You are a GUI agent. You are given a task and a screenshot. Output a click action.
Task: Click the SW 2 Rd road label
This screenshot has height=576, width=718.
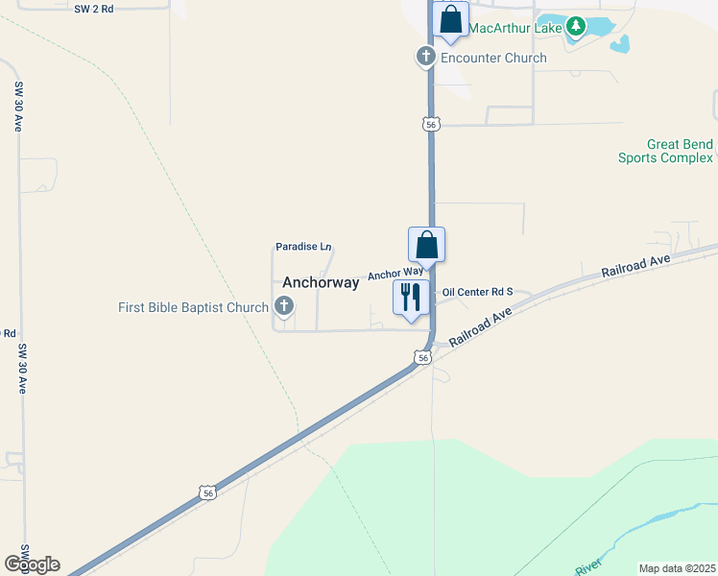point(94,7)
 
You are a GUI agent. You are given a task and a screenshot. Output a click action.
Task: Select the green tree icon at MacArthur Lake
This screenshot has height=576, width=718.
point(575,26)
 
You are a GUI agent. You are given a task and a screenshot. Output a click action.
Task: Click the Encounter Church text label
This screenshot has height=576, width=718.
point(493,58)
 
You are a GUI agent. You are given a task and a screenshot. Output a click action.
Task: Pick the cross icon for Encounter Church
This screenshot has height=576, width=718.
point(425,58)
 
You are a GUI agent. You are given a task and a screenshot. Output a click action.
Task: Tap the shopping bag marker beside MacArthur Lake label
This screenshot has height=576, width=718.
point(450,20)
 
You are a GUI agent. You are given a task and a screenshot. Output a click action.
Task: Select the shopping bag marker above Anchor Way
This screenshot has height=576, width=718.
point(426,246)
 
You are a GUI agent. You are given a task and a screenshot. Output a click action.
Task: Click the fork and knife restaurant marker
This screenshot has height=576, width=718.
point(411,299)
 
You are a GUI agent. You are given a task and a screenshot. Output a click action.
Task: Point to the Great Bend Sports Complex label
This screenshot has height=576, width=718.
point(665,151)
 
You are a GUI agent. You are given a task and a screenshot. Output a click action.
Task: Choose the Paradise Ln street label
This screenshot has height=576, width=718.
point(303,247)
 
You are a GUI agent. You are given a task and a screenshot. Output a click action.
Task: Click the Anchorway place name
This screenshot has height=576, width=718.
point(321,282)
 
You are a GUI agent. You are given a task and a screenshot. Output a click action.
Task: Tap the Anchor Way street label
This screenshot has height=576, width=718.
point(395,273)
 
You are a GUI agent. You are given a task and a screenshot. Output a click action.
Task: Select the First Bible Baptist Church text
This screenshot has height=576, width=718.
point(193,307)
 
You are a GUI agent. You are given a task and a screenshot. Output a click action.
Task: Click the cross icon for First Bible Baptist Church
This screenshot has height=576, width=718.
point(283,307)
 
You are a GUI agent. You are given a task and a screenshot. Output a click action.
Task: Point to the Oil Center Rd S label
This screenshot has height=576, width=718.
point(478,292)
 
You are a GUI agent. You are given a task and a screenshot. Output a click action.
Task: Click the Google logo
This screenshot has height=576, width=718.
point(32,564)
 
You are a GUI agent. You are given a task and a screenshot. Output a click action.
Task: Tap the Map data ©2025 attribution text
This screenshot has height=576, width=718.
point(678,568)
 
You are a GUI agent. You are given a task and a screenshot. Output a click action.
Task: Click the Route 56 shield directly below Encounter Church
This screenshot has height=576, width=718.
point(432,124)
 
